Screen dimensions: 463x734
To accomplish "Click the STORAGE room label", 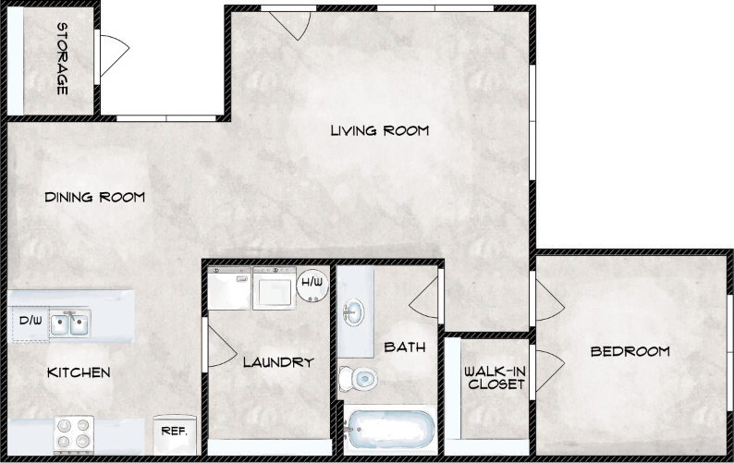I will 62,58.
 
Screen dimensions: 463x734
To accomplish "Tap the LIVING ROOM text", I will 379,130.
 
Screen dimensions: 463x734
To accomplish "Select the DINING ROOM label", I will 94,197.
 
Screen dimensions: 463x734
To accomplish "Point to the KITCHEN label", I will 79,372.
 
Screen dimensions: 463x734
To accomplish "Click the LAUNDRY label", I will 277,362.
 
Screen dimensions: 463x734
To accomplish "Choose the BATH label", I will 404,347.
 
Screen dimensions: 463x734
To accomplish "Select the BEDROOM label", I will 630,351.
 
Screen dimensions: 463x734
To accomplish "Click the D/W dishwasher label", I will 31,322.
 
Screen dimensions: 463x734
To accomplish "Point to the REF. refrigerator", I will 175,431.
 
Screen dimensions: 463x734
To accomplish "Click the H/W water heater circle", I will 311,281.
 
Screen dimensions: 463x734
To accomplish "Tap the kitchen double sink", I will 69,323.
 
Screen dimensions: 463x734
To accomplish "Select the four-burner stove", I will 74,432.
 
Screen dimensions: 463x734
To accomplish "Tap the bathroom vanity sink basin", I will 353,311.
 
